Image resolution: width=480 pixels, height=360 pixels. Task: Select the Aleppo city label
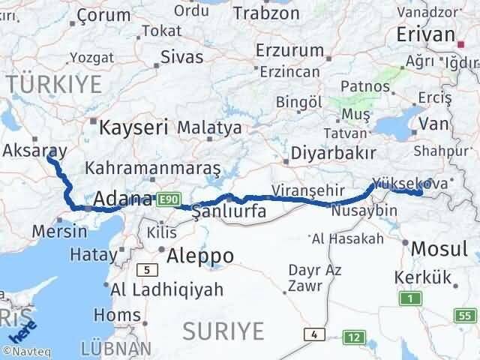coord(200,256)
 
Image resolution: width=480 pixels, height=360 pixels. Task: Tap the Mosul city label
coord(440,247)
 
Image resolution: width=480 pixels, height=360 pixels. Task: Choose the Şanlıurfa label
coord(229,211)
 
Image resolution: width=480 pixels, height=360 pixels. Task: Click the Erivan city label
coord(425,34)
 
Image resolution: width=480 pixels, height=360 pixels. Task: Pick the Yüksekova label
coord(409,183)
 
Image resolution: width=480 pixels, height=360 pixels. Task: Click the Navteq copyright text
coord(26,350)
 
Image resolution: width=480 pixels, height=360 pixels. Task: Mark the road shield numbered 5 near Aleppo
coord(148,269)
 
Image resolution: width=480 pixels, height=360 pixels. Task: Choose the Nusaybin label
coord(369,211)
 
